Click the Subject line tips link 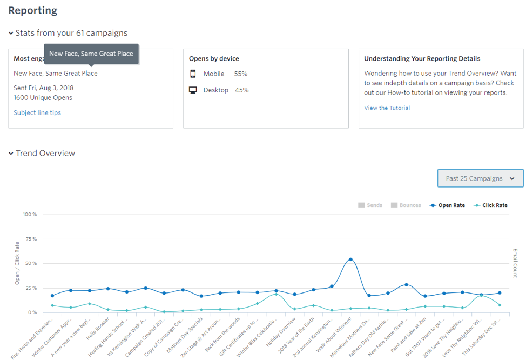click(x=37, y=113)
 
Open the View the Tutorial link click(x=387, y=108)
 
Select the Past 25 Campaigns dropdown click(x=480, y=178)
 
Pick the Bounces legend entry click(x=406, y=205)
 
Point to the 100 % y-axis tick click(x=30, y=215)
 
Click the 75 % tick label click(x=31, y=239)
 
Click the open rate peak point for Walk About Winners click(x=350, y=259)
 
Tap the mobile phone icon click(x=193, y=74)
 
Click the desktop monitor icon click(x=193, y=90)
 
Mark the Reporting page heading click(x=32, y=10)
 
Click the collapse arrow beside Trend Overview click(x=11, y=154)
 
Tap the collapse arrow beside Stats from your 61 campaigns click(x=11, y=34)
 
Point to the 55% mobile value click(x=241, y=74)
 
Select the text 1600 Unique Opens click(x=43, y=98)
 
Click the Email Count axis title click(x=515, y=263)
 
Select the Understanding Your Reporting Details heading click(x=422, y=59)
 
